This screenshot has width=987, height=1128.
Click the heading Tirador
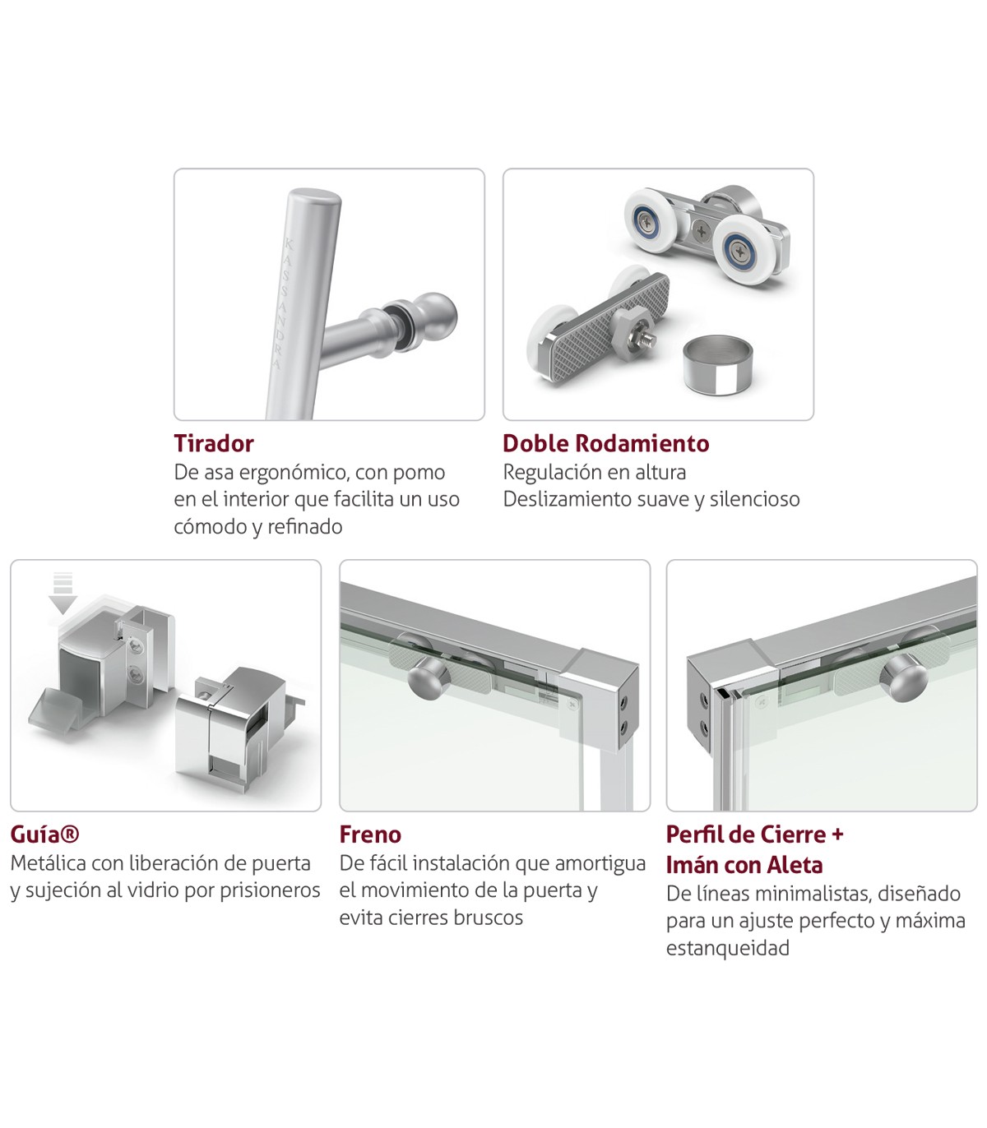[x=213, y=443]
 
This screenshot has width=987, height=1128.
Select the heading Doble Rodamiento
[x=605, y=443]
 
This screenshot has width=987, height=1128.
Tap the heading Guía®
[x=44, y=834]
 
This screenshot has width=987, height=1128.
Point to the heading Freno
[x=370, y=834]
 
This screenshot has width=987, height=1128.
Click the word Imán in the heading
[x=692, y=865]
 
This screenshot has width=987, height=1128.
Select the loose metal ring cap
[x=718, y=366]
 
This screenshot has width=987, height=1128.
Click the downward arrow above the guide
[x=63, y=594]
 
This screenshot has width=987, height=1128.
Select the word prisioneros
[x=270, y=890]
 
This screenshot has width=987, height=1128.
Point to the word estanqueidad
[x=728, y=948]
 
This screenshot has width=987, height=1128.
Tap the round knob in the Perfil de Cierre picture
[x=903, y=679]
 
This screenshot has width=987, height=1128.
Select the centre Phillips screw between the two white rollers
[x=702, y=231]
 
